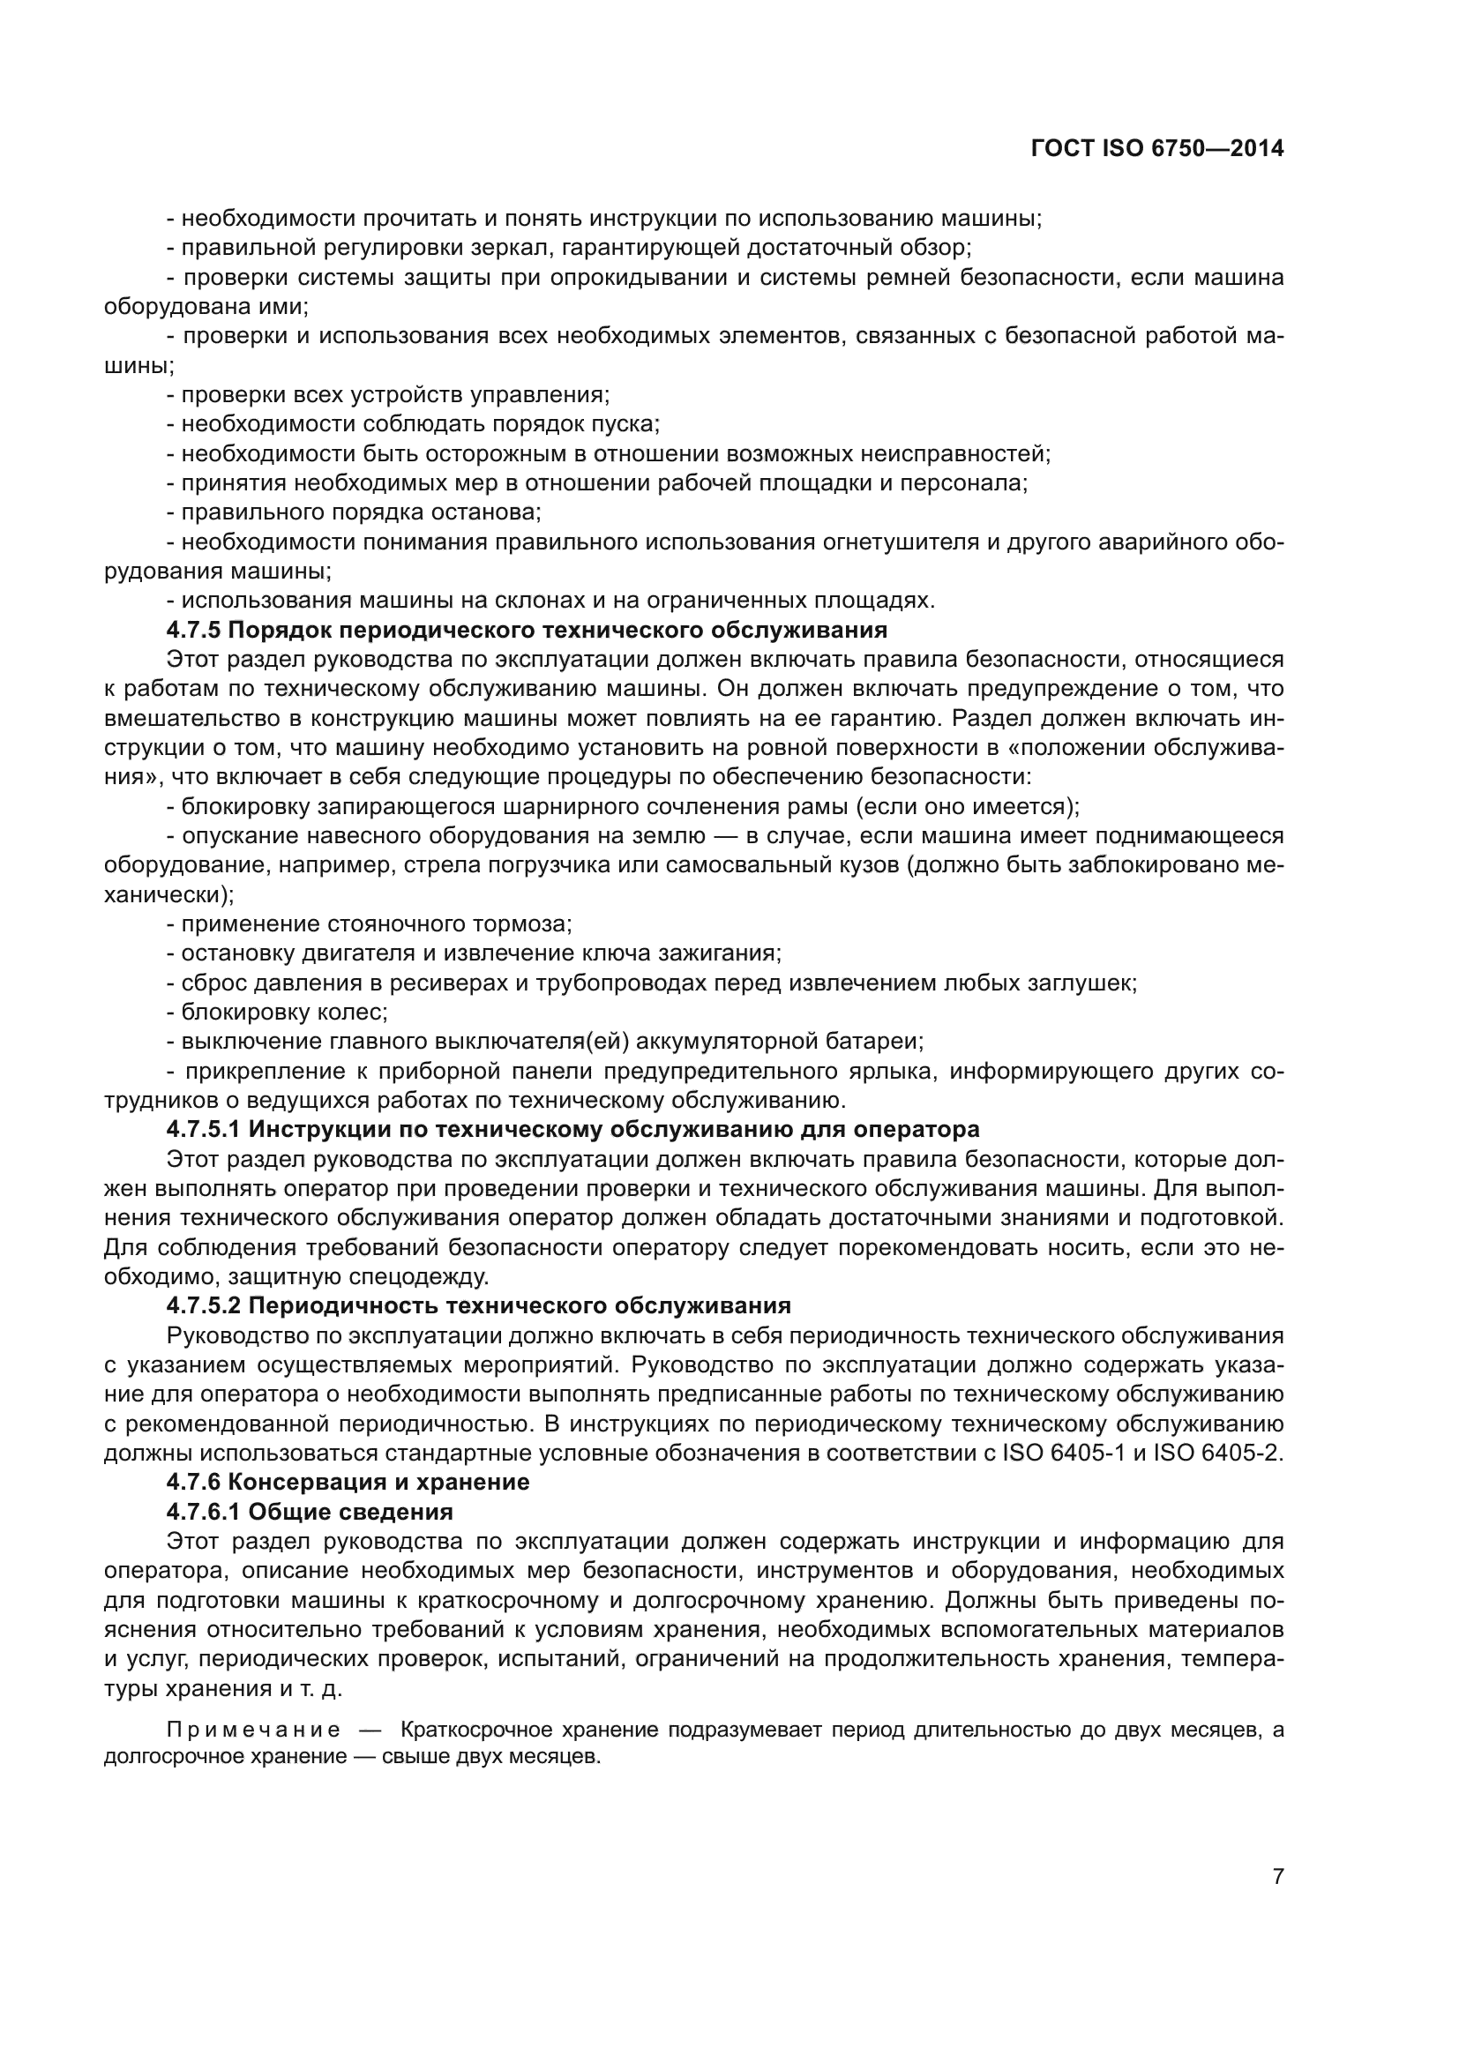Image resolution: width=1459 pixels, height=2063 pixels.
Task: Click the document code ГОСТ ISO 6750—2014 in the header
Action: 1157,149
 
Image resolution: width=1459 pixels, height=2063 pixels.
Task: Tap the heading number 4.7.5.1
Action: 204,1130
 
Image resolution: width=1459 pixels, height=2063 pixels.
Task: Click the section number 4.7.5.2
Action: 204,1305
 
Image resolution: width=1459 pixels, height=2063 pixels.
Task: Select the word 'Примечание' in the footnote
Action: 253,1730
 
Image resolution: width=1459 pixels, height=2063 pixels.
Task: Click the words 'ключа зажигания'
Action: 682,953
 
